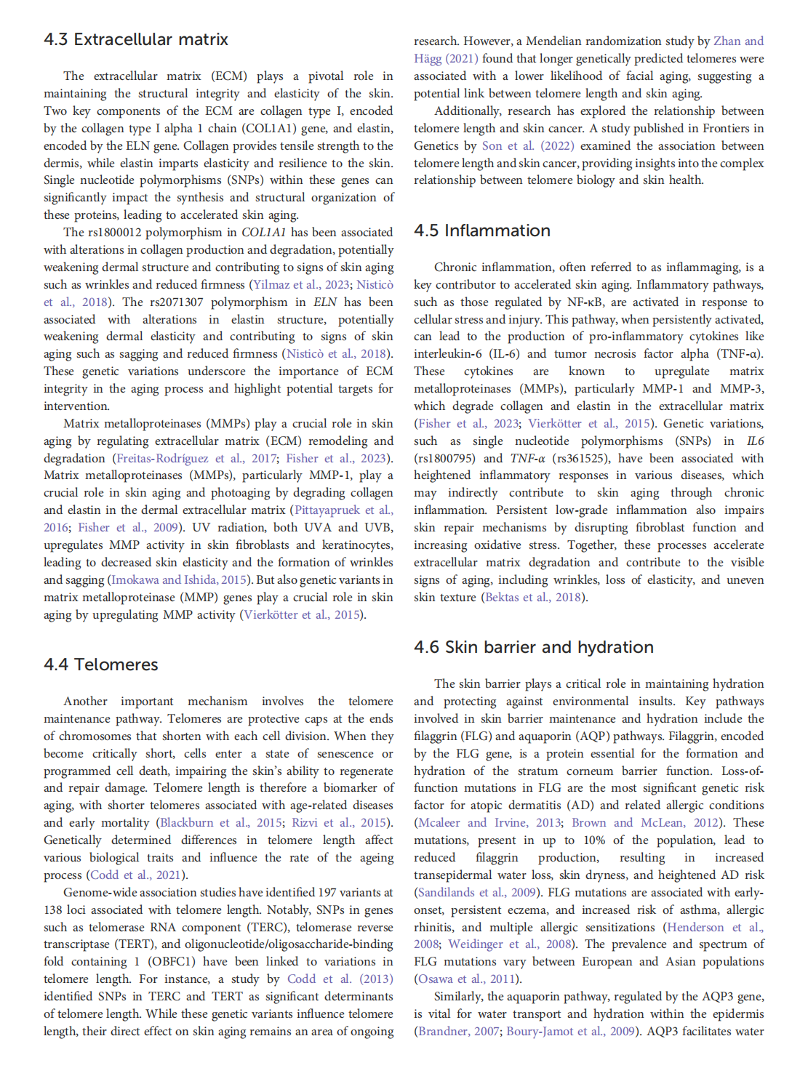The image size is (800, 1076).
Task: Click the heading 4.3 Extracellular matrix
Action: click(136, 39)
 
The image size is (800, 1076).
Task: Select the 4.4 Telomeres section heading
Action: click(101, 665)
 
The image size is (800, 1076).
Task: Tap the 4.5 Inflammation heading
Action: click(482, 230)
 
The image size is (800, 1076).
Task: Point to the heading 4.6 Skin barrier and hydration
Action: click(534, 647)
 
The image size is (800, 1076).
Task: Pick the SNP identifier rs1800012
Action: click(115, 232)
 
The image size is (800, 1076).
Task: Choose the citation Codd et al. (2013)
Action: click(340, 979)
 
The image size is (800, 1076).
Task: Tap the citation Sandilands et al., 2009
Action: click(477, 892)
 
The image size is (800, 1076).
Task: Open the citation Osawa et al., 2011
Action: click(459, 979)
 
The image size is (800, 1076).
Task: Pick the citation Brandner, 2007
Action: click(458, 1031)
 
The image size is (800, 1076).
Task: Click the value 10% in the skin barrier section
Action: click(594, 840)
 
